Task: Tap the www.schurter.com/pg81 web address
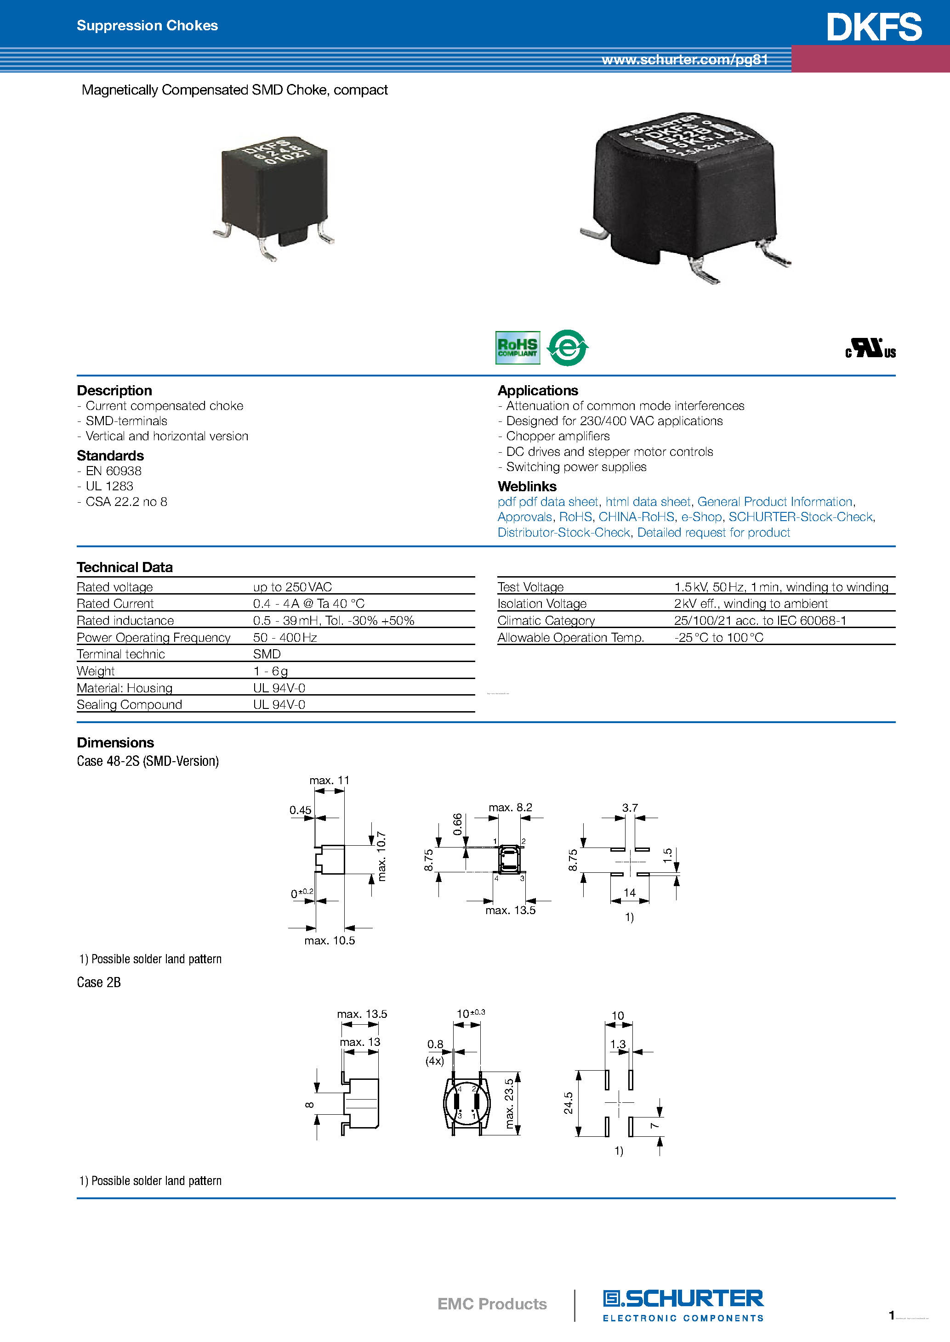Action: pyautogui.click(x=684, y=60)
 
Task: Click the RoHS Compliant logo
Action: pyautogui.click(x=517, y=348)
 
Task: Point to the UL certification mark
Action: pyautogui.click(x=870, y=348)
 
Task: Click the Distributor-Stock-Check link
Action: pyautogui.click(x=563, y=533)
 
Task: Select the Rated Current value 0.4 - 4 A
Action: pyautogui.click(x=308, y=604)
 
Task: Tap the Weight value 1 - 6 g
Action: pyautogui.click(x=270, y=671)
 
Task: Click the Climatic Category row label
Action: pyautogui.click(x=546, y=621)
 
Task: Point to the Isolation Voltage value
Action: pyautogui.click(x=751, y=604)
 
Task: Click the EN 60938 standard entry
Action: pyautogui.click(x=114, y=471)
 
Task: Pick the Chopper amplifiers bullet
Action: pyautogui.click(x=557, y=437)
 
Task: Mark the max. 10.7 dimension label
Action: pyautogui.click(x=381, y=856)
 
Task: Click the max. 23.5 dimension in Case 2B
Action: pyautogui.click(x=510, y=1104)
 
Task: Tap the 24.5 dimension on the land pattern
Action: pyautogui.click(x=568, y=1103)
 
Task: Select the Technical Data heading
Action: pyautogui.click(x=125, y=567)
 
